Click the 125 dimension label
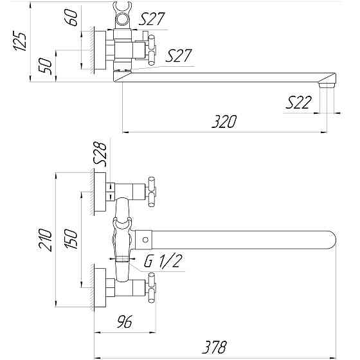(20, 41)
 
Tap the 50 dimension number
(45, 66)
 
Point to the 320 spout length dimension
(224, 122)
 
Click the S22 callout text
(298, 102)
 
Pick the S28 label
(100, 154)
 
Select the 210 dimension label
(45, 240)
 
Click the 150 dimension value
(71, 239)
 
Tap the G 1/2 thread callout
(163, 260)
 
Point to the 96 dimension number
(125, 321)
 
